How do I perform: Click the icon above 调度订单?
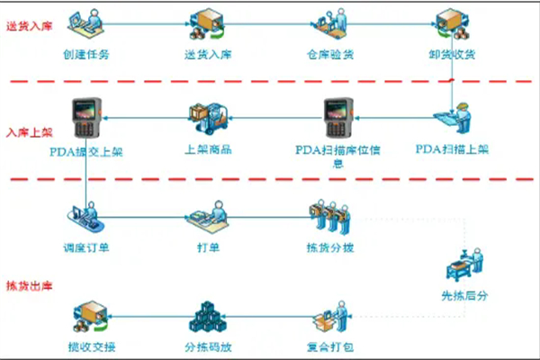pos(86,218)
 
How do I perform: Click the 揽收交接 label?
pos(90,346)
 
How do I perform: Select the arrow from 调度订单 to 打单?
pos(148,219)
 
